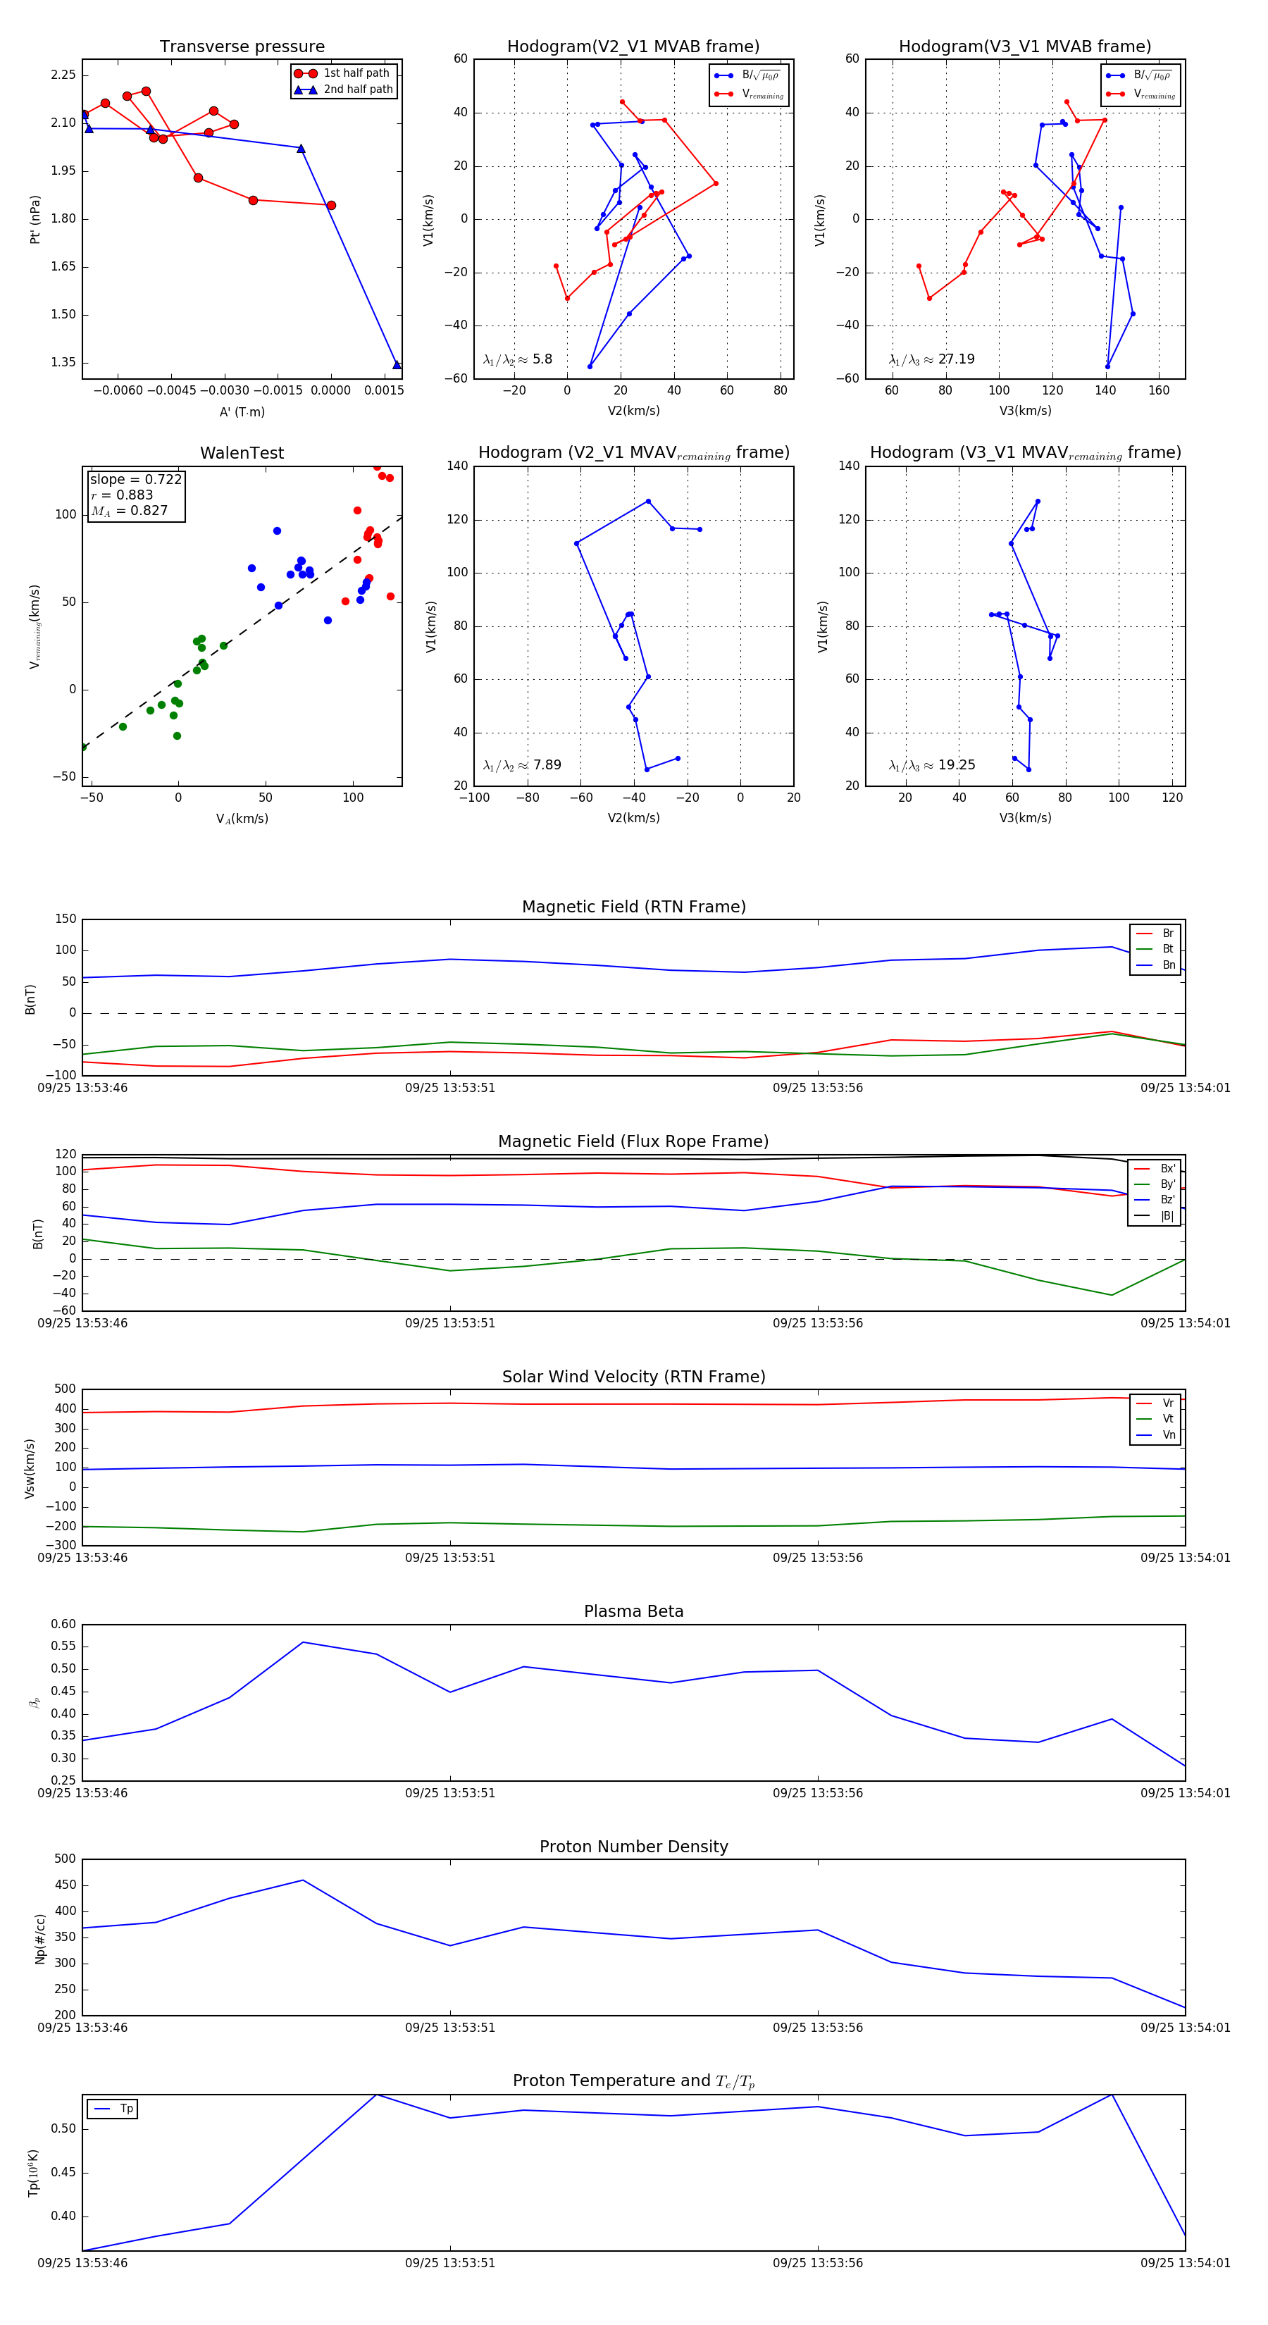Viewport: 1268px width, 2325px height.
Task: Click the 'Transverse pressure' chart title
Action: click(242, 47)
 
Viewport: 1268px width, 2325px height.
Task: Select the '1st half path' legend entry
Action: click(356, 73)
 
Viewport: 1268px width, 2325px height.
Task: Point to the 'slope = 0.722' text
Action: click(135, 479)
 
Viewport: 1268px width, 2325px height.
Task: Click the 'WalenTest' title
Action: click(242, 453)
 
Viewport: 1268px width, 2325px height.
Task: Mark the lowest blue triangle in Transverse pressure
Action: click(396, 365)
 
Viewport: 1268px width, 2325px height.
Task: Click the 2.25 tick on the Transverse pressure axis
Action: click(63, 75)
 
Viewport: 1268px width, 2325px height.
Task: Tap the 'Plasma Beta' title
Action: click(633, 1611)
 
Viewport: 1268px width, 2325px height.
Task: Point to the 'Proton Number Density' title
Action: click(633, 1846)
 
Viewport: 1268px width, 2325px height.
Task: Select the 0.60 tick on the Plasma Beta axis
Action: click(63, 1624)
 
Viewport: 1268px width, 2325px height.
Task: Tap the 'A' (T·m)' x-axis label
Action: click(242, 411)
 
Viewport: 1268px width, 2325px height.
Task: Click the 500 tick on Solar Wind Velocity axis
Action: click(65, 1389)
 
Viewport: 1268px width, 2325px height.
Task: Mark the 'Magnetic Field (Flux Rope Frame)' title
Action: click(633, 1142)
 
